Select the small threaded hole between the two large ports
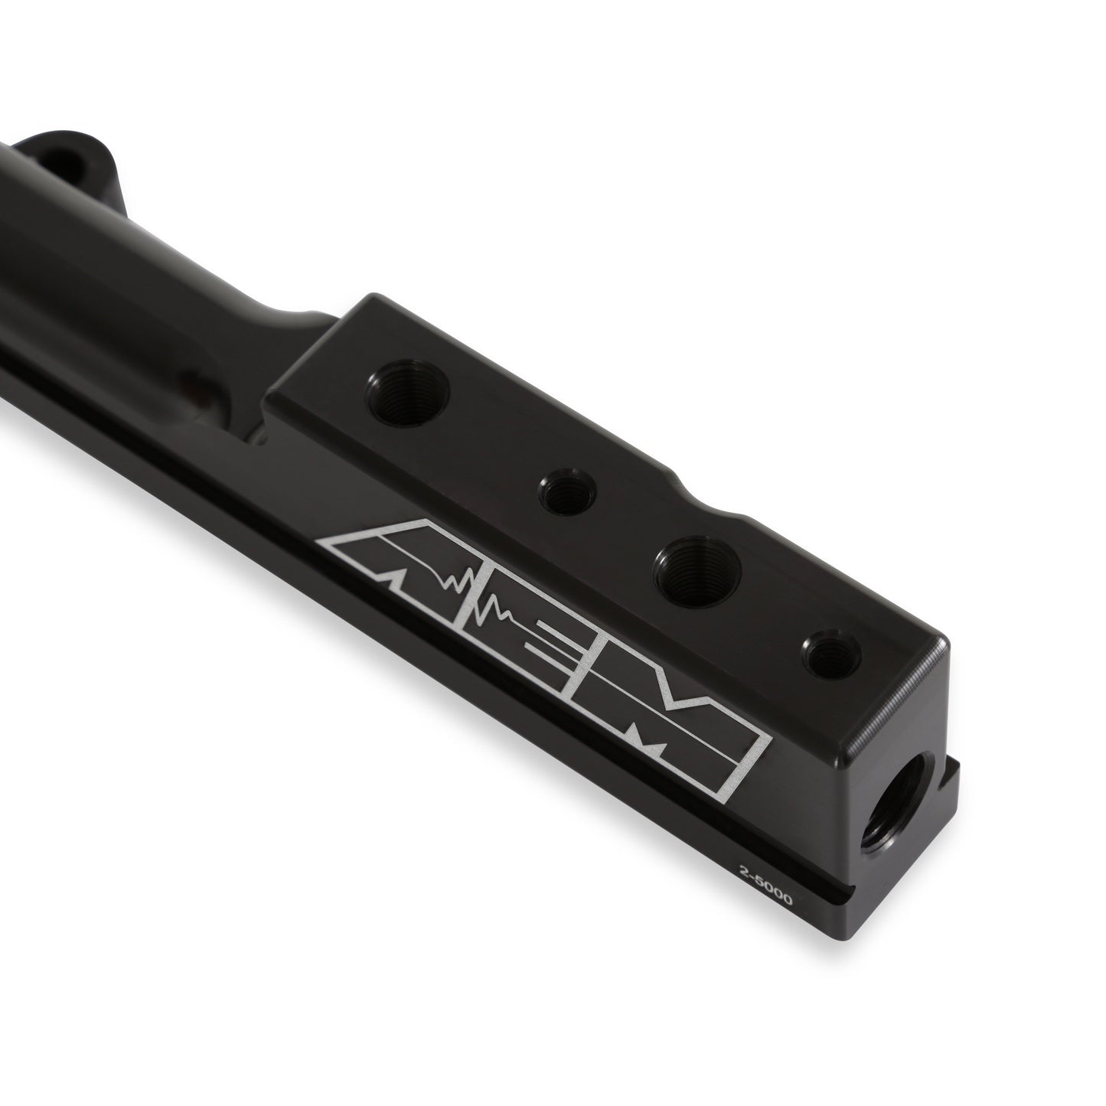pos(565,491)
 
